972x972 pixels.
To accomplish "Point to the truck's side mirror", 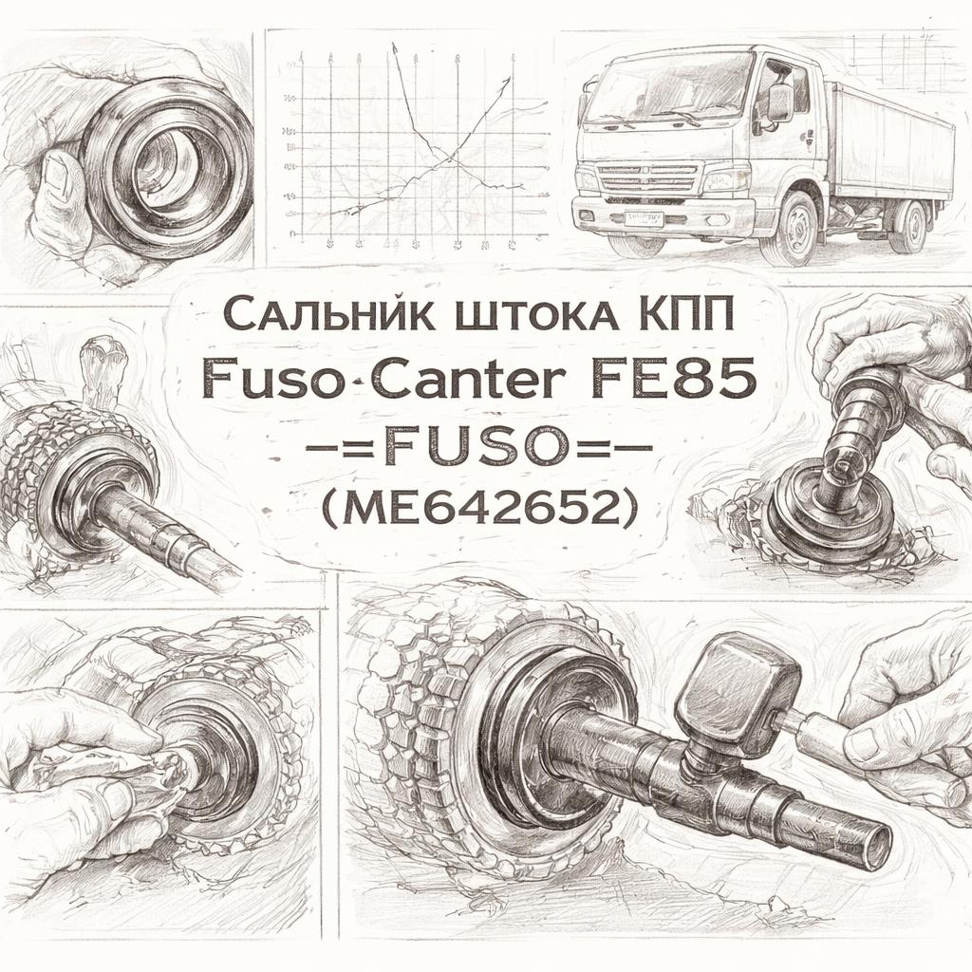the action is (780, 103).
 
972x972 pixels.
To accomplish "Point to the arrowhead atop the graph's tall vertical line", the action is (394, 49).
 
